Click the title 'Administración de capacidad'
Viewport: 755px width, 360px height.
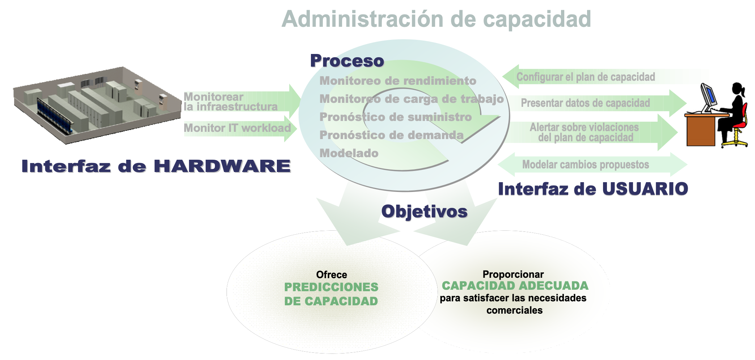tap(436, 19)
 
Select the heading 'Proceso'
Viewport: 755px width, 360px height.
tap(347, 61)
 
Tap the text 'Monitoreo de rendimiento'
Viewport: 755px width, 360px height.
tap(398, 81)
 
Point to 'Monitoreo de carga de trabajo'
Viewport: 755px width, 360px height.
tap(412, 99)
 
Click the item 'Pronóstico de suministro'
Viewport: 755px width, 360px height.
tap(396, 117)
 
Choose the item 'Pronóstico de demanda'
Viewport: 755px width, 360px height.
tap(392, 135)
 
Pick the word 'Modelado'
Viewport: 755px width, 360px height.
tap(349, 153)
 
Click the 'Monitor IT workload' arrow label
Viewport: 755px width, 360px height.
tap(237, 128)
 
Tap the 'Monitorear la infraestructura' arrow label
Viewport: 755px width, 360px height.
tap(231, 102)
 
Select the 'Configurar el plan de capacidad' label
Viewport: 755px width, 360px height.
tap(586, 77)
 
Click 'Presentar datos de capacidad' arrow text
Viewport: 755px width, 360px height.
tap(585, 103)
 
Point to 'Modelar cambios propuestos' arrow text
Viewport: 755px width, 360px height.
tap(586, 165)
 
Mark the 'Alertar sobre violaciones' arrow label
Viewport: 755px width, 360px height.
tap(584, 127)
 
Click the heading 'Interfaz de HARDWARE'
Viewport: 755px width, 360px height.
tap(156, 166)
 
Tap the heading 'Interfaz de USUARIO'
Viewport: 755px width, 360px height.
tap(593, 189)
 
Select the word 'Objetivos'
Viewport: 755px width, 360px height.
tap(424, 212)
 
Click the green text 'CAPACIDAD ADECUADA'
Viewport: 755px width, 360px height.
tap(515, 286)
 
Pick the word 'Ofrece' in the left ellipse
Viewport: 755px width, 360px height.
tap(332, 275)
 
